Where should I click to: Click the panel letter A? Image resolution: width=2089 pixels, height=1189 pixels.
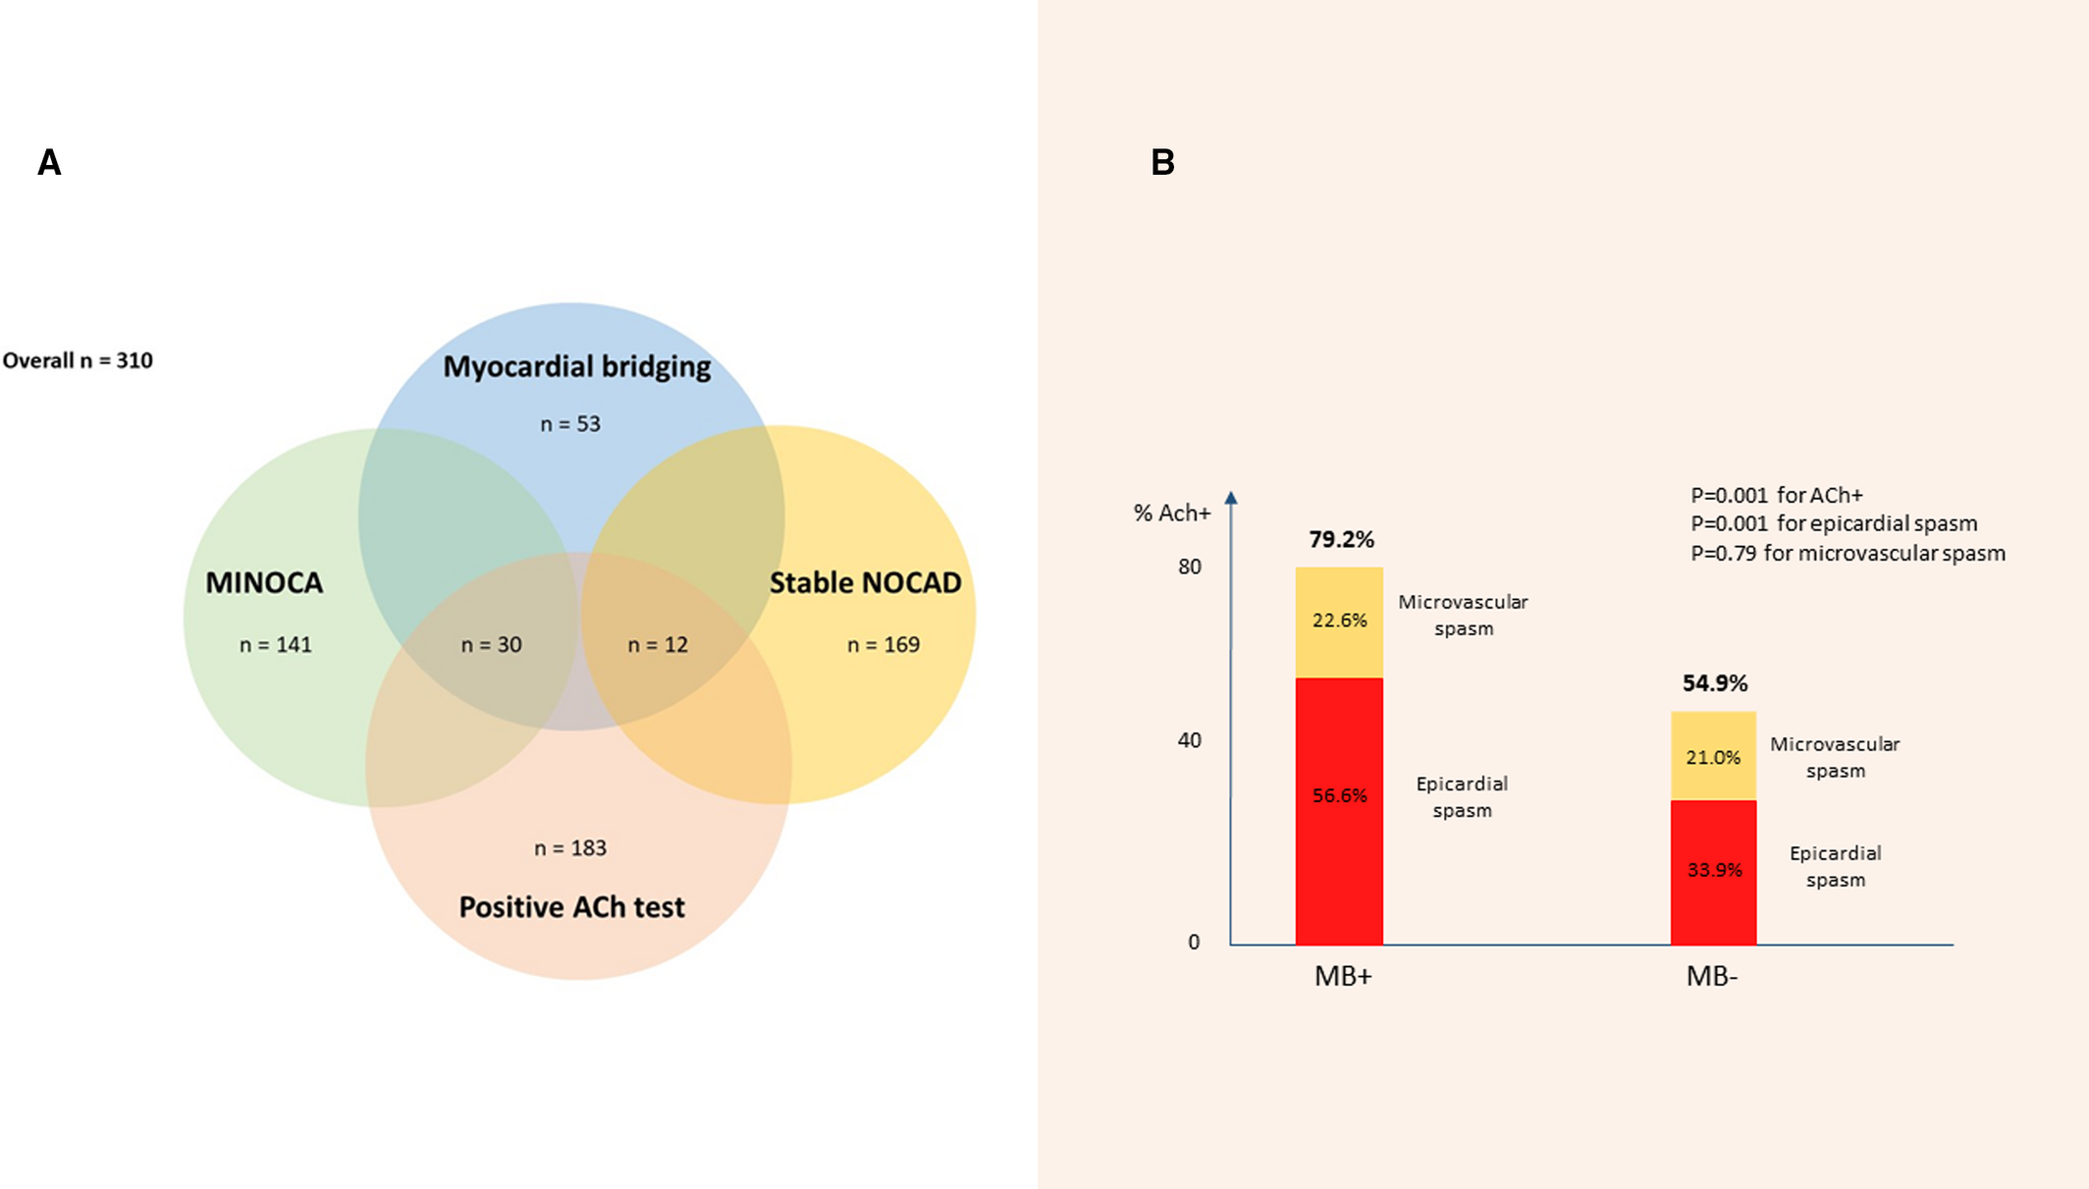[49, 162]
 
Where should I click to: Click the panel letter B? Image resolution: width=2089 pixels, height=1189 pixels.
[1162, 162]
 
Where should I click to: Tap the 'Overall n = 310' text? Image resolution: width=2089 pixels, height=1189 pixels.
[78, 360]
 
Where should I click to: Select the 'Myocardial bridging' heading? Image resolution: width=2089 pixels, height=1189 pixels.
[577, 366]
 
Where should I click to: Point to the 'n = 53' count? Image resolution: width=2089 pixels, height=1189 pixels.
[570, 423]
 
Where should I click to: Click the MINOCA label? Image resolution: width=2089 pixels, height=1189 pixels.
[264, 582]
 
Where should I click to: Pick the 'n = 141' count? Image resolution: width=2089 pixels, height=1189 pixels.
[276, 644]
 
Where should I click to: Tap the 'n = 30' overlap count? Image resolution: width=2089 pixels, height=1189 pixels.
[492, 644]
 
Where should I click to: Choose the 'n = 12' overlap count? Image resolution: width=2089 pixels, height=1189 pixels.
[658, 644]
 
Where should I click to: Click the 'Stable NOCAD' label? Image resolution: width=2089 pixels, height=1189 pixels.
[865, 582]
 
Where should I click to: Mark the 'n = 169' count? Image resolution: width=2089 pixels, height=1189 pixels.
[884, 644]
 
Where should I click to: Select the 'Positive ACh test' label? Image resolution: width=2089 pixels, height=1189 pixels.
[572, 906]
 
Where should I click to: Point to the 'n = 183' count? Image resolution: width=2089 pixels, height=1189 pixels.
[570, 847]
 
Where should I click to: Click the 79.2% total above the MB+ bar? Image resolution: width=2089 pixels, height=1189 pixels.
[1342, 539]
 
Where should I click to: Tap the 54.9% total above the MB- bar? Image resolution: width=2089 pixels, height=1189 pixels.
[1715, 682]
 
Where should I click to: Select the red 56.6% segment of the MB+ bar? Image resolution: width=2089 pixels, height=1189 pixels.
[1339, 811]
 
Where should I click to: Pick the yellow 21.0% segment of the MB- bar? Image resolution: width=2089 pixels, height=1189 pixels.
[1713, 756]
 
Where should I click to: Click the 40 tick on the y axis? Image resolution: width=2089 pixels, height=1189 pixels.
[1189, 739]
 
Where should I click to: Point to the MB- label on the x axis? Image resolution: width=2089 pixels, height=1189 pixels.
[1712, 976]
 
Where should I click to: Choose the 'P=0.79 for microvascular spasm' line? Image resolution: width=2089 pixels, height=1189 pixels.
[1848, 553]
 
